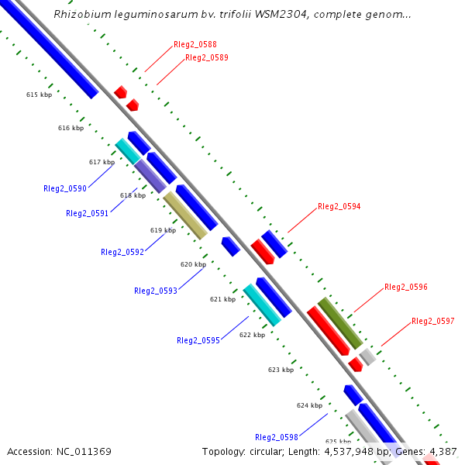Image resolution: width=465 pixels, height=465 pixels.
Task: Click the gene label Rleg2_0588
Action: [x=195, y=45]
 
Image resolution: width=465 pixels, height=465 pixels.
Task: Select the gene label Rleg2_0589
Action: [x=206, y=57]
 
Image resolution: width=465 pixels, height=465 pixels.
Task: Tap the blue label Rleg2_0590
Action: [x=65, y=188]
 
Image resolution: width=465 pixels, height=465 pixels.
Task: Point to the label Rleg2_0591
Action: [x=87, y=213]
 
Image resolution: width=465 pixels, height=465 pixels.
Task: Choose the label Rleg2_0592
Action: [x=122, y=252]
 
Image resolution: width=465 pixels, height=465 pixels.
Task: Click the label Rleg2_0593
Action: [x=155, y=291]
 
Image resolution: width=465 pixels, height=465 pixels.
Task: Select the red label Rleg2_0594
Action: [x=339, y=207]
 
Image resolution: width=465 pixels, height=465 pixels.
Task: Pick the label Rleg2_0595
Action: [x=198, y=340]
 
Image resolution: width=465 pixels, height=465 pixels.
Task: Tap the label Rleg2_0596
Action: [x=405, y=287]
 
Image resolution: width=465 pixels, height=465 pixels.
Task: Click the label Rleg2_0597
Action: [x=432, y=321]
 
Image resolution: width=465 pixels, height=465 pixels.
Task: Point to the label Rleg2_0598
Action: [x=276, y=437]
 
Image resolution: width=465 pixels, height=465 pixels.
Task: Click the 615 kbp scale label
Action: [x=39, y=95]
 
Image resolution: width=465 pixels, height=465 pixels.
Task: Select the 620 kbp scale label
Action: [x=193, y=264]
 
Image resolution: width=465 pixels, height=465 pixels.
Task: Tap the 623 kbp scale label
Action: [x=281, y=370]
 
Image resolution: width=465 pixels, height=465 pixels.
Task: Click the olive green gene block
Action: [x=340, y=322]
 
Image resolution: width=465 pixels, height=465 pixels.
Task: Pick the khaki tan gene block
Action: [x=185, y=215]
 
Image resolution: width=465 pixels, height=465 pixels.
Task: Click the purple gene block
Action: [x=150, y=176]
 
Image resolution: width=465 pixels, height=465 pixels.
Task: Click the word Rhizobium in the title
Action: [x=81, y=15]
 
